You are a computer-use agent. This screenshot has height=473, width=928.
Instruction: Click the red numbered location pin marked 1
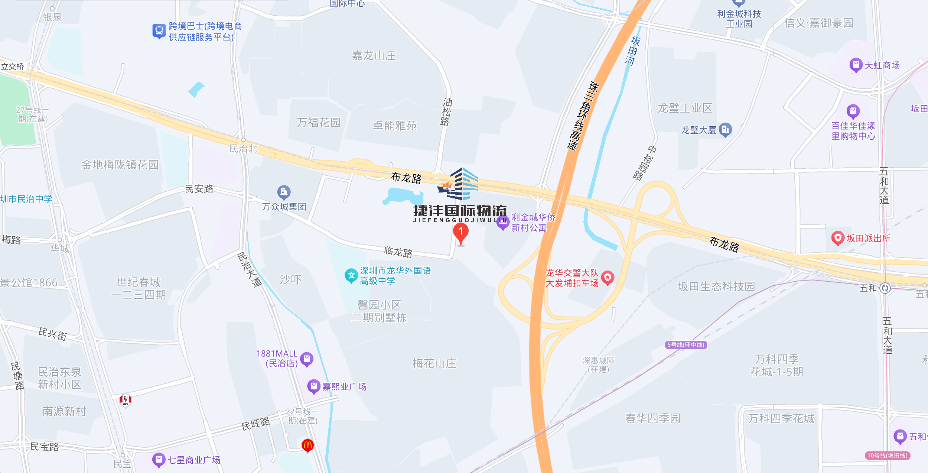[460, 233]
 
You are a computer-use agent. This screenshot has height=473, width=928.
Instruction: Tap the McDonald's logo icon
[307, 445]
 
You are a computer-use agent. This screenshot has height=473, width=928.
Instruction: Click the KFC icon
[126, 400]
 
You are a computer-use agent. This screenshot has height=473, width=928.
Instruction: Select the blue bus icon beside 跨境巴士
[159, 31]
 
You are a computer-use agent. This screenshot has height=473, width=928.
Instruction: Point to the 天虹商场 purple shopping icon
[856, 65]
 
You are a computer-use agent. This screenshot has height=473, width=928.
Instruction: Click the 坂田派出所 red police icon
[838, 238]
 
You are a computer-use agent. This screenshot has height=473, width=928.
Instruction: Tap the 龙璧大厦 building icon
[725, 130]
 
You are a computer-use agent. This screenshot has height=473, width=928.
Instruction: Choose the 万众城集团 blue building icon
[284, 192]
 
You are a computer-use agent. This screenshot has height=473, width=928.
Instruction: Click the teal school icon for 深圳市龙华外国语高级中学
[351, 276]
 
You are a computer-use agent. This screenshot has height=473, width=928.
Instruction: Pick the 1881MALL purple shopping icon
[307, 359]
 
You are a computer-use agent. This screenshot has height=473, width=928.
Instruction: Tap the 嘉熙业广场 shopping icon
[314, 386]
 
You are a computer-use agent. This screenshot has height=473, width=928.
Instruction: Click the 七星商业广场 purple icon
[159, 460]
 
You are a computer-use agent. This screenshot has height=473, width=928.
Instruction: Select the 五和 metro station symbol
[885, 288]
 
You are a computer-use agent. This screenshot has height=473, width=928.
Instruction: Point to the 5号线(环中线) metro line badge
[686, 345]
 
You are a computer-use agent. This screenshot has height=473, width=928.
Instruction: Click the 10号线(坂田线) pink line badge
[887, 456]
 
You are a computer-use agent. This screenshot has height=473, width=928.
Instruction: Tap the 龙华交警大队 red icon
[608, 277]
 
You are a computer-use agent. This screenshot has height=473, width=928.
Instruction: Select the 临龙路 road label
[398, 252]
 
